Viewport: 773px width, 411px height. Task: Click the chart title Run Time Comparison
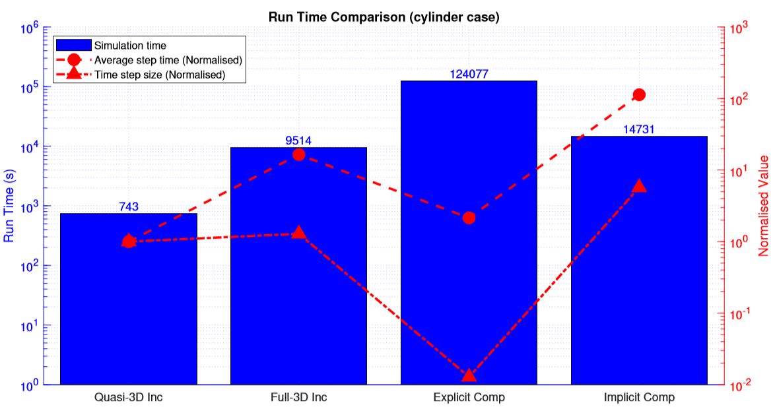384,17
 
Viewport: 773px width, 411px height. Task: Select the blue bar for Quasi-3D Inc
129,303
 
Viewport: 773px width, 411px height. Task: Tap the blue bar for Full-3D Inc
298,277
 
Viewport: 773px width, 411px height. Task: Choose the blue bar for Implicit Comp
639,277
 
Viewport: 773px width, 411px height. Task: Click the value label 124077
469,74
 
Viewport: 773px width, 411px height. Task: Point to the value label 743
129,206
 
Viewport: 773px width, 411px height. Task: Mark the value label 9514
298,141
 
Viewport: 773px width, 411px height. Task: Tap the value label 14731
639,129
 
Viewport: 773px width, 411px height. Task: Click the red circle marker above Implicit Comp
639,95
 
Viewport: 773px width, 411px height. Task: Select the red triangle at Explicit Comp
469,375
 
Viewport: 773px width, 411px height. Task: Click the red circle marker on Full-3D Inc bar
298,154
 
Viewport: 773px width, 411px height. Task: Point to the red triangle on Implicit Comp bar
639,186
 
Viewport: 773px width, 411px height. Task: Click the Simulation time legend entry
130,46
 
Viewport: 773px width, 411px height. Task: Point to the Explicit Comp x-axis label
469,397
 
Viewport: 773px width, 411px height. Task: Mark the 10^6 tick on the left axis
30,29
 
